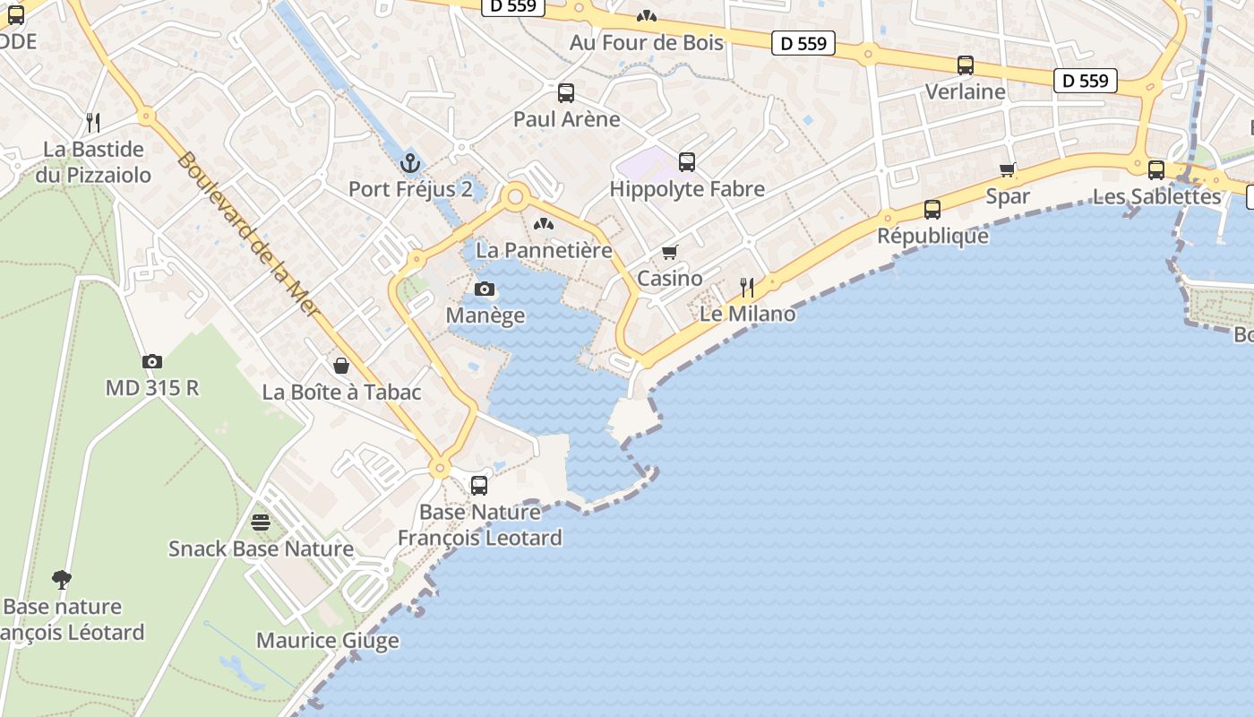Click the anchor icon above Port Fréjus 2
pyautogui.click(x=410, y=162)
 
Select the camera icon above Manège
pyautogui.click(x=485, y=289)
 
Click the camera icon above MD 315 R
pyautogui.click(x=152, y=361)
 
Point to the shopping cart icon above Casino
pyautogui.click(x=670, y=252)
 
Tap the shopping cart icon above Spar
pyautogui.click(x=1008, y=169)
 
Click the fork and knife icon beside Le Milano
pyautogui.click(x=747, y=287)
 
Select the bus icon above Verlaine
pyautogui.click(x=965, y=65)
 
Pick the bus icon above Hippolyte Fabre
pyautogui.click(x=687, y=162)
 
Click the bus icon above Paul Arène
pyautogui.click(x=566, y=92)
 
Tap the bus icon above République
pyautogui.click(x=932, y=209)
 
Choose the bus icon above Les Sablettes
pyautogui.click(x=1156, y=169)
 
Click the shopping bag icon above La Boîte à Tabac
pyautogui.click(x=341, y=365)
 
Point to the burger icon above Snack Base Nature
pyautogui.click(x=261, y=522)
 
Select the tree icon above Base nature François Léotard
pyautogui.click(x=61, y=579)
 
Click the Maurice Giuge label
pyautogui.click(x=328, y=641)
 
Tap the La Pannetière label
pyautogui.click(x=544, y=250)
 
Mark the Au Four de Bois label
pyautogui.click(x=647, y=42)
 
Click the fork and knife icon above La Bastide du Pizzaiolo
pyautogui.click(x=91, y=121)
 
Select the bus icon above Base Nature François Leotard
pyautogui.click(x=479, y=486)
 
